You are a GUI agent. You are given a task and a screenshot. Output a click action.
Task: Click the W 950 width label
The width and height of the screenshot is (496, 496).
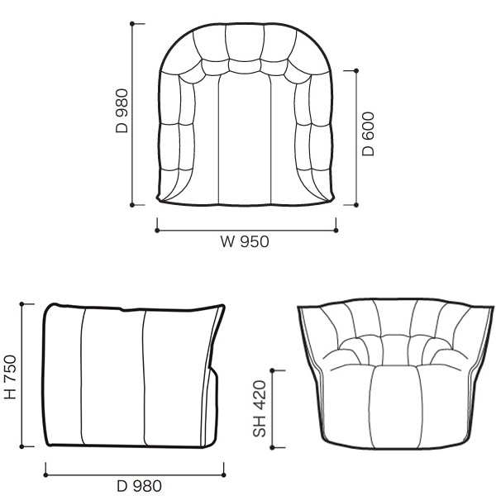(x=245, y=241)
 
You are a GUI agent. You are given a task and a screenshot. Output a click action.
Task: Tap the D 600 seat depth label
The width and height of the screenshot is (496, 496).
(x=368, y=134)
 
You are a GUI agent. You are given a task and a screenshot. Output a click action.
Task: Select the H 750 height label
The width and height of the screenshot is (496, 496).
(x=10, y=377)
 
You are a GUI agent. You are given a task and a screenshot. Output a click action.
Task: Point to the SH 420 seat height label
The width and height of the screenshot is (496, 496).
(x=260, y=408)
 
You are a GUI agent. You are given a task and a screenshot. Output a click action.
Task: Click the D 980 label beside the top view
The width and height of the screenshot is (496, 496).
(x=122, y=111)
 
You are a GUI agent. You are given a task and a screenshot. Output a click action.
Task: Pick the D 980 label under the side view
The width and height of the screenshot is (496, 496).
(x=139, y=486)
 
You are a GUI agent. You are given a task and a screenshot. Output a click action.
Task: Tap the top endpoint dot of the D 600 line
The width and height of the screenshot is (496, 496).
(x=356, y=71)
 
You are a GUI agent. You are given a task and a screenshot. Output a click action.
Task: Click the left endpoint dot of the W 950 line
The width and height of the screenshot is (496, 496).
(x=157, y=231)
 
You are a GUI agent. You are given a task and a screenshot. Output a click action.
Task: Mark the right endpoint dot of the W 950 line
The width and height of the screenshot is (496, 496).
(x=336, y=231)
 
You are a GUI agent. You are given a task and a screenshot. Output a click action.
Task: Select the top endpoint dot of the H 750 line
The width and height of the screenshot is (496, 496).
(x=21, y=304)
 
